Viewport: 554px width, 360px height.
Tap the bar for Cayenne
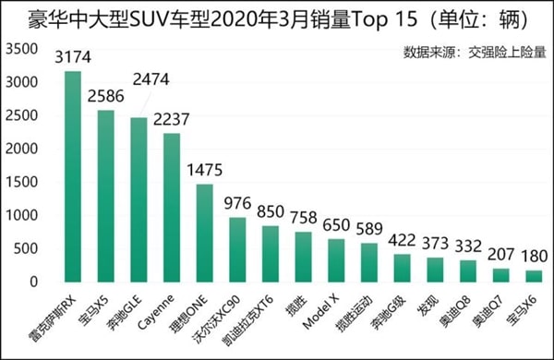pos(172,208)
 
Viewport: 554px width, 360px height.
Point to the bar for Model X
pos(337,260)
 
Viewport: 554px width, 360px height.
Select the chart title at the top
pos(276,16)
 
